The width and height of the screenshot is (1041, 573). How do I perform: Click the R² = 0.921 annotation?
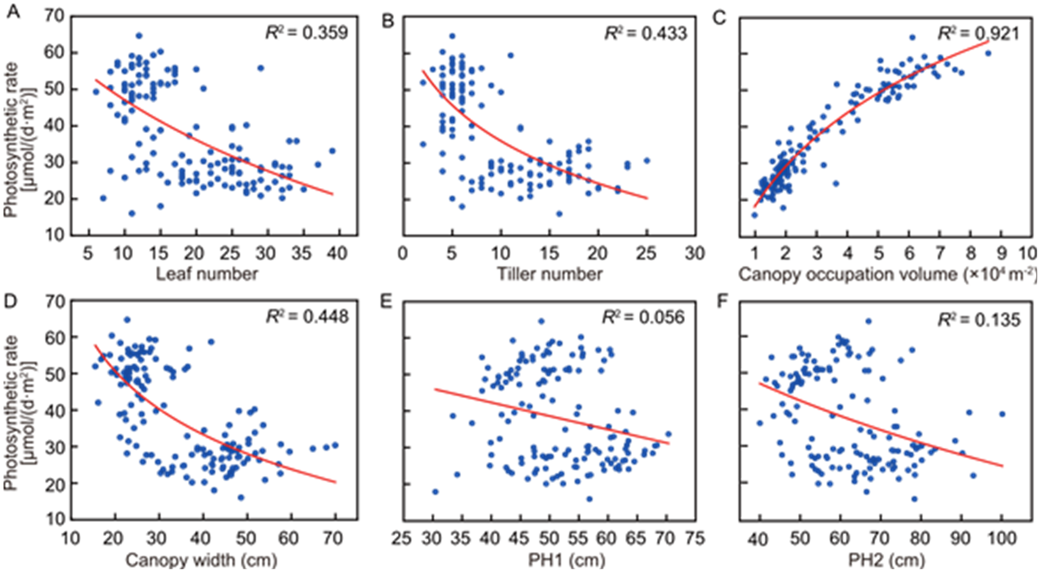978,33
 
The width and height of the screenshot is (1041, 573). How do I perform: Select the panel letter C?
719,18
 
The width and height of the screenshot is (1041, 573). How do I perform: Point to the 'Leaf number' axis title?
207,274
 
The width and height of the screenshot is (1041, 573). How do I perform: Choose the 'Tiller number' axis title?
549,274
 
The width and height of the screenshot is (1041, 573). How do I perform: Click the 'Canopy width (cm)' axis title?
201,560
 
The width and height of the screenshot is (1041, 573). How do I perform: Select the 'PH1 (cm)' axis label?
567,560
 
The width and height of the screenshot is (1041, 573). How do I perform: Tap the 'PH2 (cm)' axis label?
887,560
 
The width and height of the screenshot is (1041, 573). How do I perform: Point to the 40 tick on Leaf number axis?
337,253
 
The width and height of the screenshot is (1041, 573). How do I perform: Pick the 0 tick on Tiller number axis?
403,253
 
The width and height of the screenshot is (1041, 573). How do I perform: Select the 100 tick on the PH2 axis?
1002,538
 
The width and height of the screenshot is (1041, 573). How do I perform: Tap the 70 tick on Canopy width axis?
333,538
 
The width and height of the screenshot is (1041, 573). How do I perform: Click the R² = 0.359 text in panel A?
307,33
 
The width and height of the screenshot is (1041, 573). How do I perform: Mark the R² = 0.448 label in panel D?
307,317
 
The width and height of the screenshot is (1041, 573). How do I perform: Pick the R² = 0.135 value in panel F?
979,320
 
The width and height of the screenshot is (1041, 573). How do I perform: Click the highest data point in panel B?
452,36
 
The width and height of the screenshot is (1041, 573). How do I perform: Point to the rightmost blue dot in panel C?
988,53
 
